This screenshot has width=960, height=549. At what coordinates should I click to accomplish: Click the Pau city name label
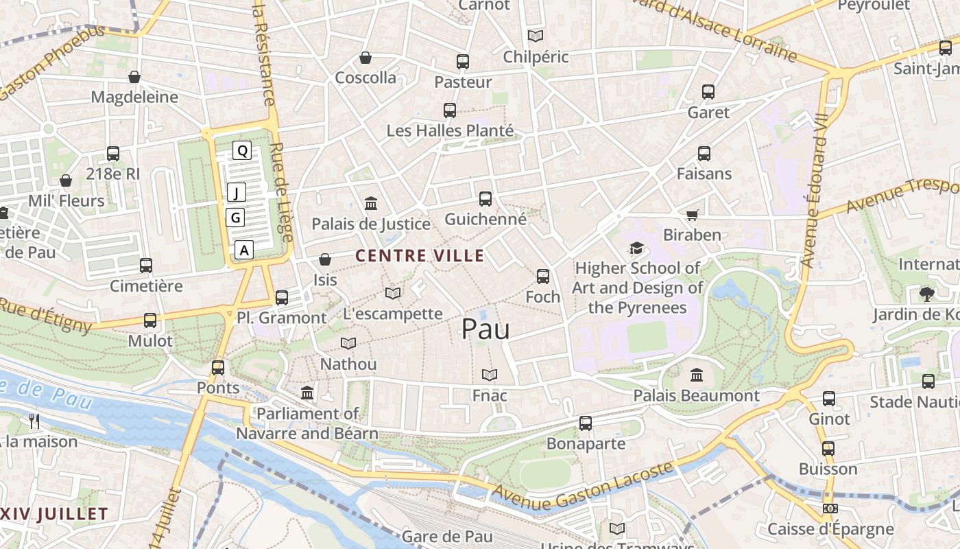pos(485,329)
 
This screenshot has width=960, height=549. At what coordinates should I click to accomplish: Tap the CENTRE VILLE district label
pos(420,256)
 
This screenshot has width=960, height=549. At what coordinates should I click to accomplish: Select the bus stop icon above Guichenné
pos(485,199)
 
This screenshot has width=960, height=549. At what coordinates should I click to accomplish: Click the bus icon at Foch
pos(543,277)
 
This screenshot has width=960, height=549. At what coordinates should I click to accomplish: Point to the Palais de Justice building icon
pos(372,203)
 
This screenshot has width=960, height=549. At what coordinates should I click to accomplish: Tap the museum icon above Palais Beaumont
pos(697,375)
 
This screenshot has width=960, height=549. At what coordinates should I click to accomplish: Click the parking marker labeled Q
pos(242,150)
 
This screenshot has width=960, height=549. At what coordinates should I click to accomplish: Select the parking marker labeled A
pos(244,250)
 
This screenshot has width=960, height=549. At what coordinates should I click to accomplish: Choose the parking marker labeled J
pos(237,193)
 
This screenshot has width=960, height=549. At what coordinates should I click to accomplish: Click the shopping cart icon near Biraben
pos(693,215)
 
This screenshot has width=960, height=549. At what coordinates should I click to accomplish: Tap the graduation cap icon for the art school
pos(637,248)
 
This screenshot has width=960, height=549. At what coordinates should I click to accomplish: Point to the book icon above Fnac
pos(489,375)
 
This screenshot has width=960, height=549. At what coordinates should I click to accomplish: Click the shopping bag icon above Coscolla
pos(365,58)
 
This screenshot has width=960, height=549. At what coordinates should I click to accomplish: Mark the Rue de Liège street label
pos(281,192)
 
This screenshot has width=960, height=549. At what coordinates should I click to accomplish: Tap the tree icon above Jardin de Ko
pos(926,294)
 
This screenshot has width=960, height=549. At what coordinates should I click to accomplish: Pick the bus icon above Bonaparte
pos(585,423)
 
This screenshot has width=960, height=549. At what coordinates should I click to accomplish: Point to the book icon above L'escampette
pos(393,294)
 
